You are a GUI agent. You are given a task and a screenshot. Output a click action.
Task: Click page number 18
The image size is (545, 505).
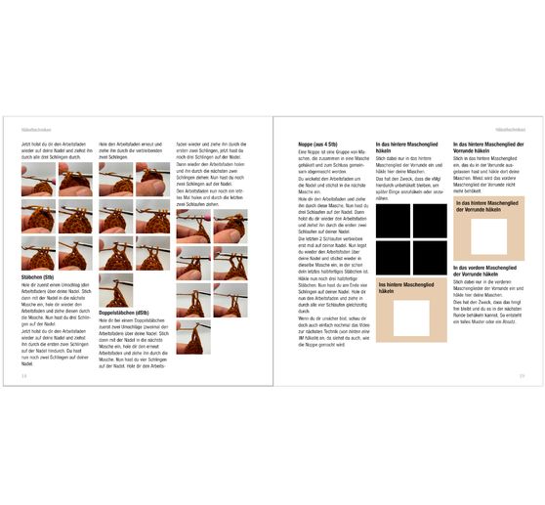coord(23,374)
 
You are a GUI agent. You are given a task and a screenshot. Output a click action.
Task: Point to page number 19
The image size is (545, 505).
coord(522,374)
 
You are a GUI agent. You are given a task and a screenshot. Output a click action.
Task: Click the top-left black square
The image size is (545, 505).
coord(393,220)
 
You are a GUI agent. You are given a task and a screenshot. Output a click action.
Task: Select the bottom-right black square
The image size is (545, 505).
coord(430,258)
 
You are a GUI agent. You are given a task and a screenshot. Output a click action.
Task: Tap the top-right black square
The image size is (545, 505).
coord(430,220)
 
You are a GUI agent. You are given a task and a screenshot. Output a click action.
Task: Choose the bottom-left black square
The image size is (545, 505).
coord(393,258)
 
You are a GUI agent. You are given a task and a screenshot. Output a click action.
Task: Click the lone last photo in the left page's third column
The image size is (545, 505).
coord(192,338)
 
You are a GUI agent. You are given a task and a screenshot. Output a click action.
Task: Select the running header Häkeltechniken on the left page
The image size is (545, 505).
coord(36,129)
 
